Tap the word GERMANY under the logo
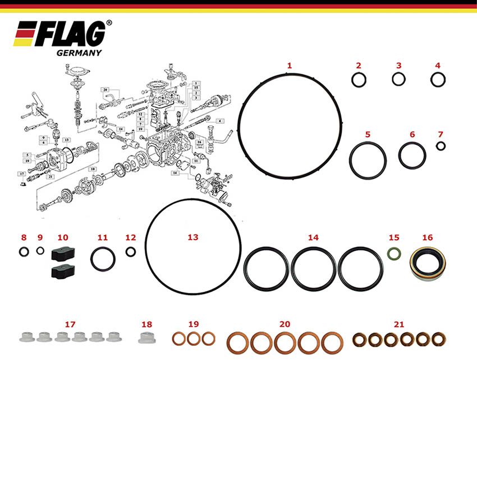[79, 53]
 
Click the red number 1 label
[290, 66]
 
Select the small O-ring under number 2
[359, 80]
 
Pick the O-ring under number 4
[438, 80]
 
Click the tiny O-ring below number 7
[441, 146]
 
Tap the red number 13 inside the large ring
[193, 237]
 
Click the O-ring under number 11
[103, 258]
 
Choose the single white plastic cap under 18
[146, 337]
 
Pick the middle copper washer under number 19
[194, 338]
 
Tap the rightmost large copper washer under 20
[332, 342]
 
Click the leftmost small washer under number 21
[359, 339]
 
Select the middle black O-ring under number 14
[314, 269]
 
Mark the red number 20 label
[285, 324]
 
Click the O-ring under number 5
[368, 159]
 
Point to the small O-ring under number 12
[130, 251]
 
